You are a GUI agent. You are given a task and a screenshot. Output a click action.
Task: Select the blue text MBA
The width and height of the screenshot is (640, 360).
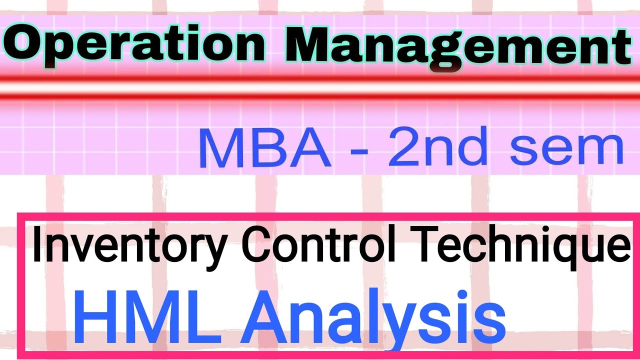(x=265, y=149)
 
